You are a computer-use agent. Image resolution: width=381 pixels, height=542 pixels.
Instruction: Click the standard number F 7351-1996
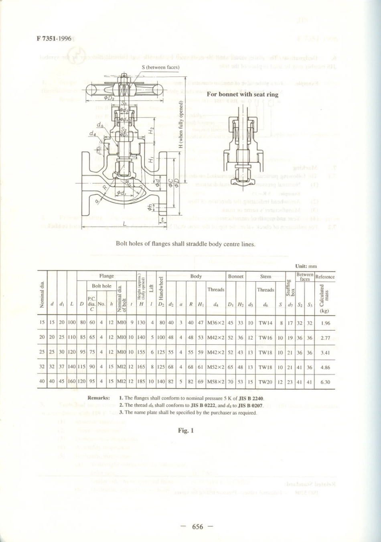click(54, 39)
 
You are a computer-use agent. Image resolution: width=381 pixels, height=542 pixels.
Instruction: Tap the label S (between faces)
click(160, 67)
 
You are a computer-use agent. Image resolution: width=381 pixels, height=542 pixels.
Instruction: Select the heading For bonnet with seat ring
click(243, 94)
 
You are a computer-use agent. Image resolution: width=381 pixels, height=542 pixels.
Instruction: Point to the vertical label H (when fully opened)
click(181, 125)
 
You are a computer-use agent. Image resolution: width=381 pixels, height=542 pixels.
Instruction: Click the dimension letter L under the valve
click(125, 224)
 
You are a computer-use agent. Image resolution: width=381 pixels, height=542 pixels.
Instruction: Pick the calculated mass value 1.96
click(325, 323)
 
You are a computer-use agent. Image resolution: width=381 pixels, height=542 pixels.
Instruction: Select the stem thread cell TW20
click(265, 382)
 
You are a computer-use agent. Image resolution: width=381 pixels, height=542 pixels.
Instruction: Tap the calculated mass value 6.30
click(325, 382)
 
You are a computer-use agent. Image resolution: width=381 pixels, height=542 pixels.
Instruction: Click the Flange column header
click(107, 276)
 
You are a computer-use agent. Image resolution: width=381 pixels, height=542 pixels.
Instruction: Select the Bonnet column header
click(235, 276)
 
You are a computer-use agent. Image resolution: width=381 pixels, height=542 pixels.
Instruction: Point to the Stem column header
click(265, 276)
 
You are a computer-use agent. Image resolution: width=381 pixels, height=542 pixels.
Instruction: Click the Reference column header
click(325, 277)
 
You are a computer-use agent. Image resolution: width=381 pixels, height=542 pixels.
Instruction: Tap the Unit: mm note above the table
click(306, 266)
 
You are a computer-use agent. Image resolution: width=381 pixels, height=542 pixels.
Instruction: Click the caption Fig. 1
click(186, 430)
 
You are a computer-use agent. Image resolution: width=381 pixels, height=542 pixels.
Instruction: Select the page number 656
click(197, 527)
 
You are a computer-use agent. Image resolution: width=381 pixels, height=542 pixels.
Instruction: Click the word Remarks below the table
click(99, 398)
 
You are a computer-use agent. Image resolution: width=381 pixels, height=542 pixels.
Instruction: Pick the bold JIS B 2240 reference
click(251, 398)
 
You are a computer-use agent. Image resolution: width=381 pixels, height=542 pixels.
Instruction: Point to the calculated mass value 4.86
click(325, 367)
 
